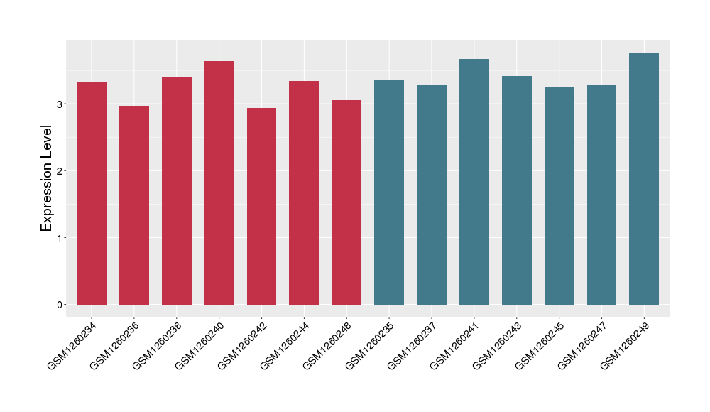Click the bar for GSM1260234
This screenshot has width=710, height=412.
pos(92,193)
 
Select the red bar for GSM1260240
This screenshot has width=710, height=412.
pos(219,183)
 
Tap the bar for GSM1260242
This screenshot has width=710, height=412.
pos(261,206)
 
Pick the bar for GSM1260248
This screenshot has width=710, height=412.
pos(346,202)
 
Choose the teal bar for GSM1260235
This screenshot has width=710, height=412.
pos(389,193)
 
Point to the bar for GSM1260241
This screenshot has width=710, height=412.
pos(474,182)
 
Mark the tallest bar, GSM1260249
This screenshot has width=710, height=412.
pos(644,178)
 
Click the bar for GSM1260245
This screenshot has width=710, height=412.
pos(559,196)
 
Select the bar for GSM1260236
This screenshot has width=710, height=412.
pos(134,205)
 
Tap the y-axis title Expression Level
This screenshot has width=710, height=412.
pos(47,178)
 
